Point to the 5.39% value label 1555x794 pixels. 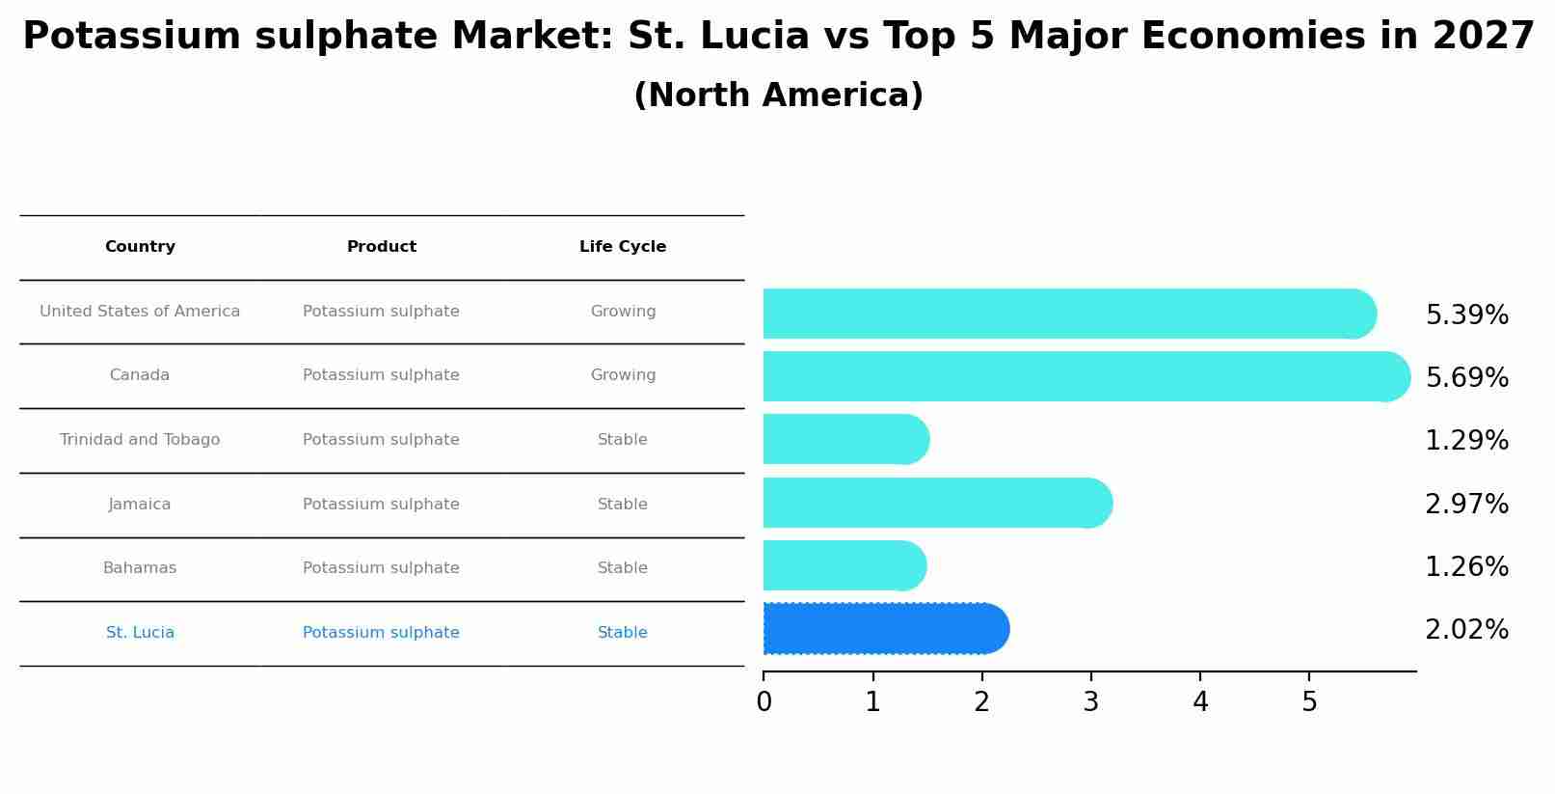pyautogui.click(x=1466, y=315)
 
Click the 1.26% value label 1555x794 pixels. pyautogui.click(x=1466, y=567)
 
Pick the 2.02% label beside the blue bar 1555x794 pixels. pyautogui.click(x=1466, y=630)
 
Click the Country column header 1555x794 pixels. pyautogui.click(x=140, y=247)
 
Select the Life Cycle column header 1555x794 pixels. pyautogui.click(x=623, y=247)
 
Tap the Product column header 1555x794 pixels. pyautogui.click(x=382, y=247)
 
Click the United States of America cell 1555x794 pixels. pyautogui.click(x=140, y=312)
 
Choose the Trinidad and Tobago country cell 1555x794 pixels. pyautogui.click(x=140, y=440)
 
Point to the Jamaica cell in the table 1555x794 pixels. pyautogui.click(x=140, y=505)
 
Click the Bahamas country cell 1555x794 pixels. pyautogui.click(x=140, y=568)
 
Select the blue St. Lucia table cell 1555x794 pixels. pyautogui.click(x=140, y=633)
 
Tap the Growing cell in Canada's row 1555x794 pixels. pyautogui.click(x=623, y=375)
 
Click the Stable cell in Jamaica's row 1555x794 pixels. pyautogui.click(x=623, y=505)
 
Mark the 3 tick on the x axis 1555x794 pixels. pyautogui.click(x=1090, y=701)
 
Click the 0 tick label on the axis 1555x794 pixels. pyautogui.click(x=764, y=701)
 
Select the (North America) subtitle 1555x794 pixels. pyautogui.click(x=778, y=96)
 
